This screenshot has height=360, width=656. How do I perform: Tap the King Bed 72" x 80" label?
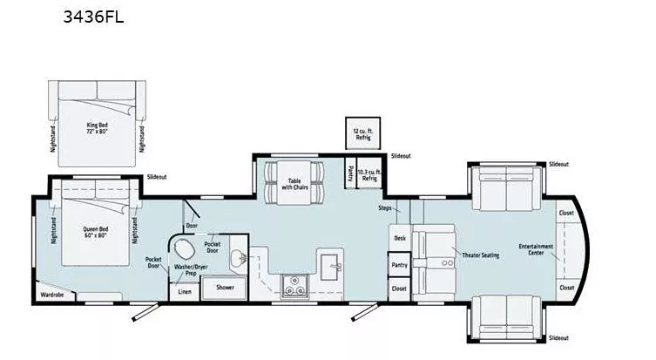98,113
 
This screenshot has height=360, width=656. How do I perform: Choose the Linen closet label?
185,291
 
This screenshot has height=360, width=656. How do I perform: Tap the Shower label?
225,287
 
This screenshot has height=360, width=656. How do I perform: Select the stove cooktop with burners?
294,284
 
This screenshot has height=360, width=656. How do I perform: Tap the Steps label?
384,208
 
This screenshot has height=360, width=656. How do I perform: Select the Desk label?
400,237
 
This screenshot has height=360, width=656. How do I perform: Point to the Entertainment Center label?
536,249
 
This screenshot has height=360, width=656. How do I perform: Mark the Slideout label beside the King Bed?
157,176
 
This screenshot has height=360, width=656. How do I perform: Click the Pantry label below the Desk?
400,264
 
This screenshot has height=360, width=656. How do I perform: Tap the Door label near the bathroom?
193,225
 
